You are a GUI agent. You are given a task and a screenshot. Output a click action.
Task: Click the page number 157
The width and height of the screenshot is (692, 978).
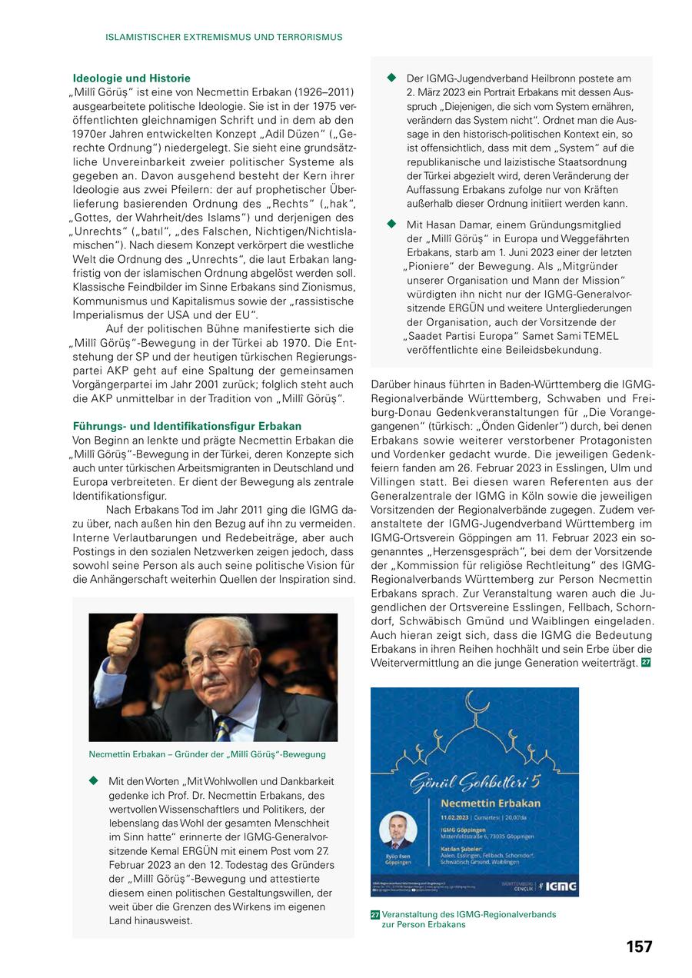pyautogui.click(x=639, y=946)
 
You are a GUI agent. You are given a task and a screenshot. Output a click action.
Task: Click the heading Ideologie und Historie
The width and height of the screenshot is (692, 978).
pyautogui.click(x=131, y=78)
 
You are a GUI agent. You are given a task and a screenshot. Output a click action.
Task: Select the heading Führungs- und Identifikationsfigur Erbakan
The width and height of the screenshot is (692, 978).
pyautogui.click(x=187, y=426)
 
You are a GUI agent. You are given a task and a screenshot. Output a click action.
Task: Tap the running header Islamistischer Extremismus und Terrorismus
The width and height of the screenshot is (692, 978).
pyautogui.click(x=224, y=37)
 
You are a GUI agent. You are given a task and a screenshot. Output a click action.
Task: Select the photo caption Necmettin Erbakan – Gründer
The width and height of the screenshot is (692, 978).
pyautogui.click(x=207, y=754)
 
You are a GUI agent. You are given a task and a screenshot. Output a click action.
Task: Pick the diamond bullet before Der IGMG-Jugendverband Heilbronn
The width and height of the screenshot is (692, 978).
pyautogui.click(x=391, y=78)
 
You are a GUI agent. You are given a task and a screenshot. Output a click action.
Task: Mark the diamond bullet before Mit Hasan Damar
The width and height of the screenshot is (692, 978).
pyautogui.click(x=391, y=224)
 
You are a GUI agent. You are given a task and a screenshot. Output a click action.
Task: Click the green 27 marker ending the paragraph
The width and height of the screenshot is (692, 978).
pyautogui.click(x=646, y=663)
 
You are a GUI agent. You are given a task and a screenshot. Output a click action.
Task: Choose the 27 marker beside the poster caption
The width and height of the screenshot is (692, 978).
pyautogui.click(x=375, y=915)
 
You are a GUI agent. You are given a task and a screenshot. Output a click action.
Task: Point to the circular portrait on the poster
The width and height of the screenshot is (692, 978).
pyautogui.click(x=398, y=831)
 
